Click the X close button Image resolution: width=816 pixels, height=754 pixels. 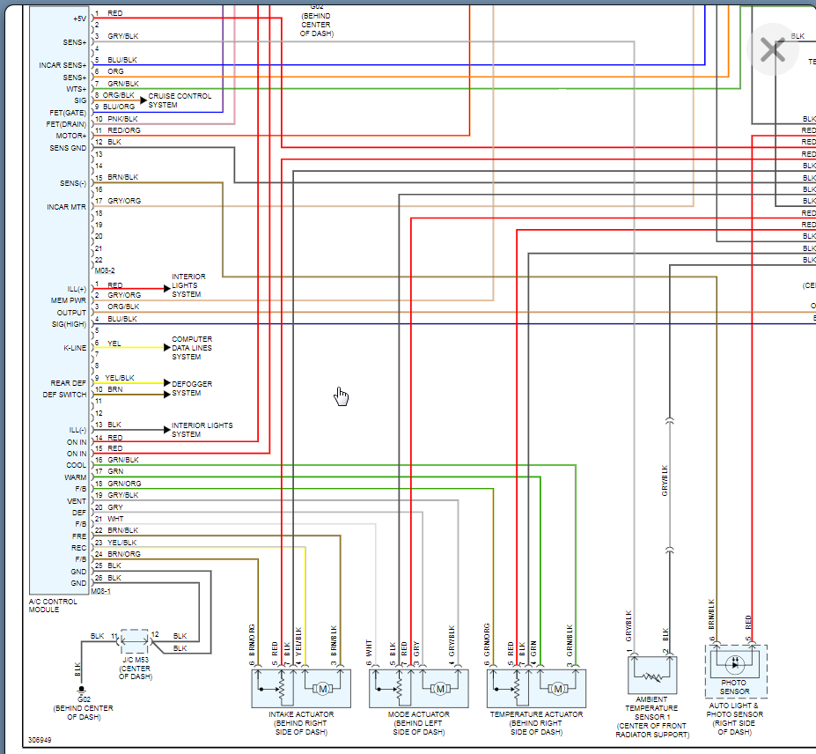coord(772,49)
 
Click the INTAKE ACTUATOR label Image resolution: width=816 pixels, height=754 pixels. coord(301,714)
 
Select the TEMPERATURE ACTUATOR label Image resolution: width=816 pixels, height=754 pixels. coord(536,714)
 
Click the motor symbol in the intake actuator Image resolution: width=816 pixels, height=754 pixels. coord(322,688)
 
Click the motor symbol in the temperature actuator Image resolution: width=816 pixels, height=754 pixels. coord(557,688)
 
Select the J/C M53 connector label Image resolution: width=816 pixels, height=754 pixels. coord(135,659)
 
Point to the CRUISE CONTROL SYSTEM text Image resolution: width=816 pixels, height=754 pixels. coord(180,100)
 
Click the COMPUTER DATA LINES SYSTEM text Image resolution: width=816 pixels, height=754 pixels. coord(192,348)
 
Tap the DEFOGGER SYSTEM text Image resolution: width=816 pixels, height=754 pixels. coord(192,388)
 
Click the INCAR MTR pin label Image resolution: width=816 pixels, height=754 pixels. coord(67,207)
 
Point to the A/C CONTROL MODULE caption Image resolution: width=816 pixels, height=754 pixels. coord(55,605)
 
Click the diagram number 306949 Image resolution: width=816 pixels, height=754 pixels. coord(40,741)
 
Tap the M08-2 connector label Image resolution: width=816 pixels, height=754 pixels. coord(104,271)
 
